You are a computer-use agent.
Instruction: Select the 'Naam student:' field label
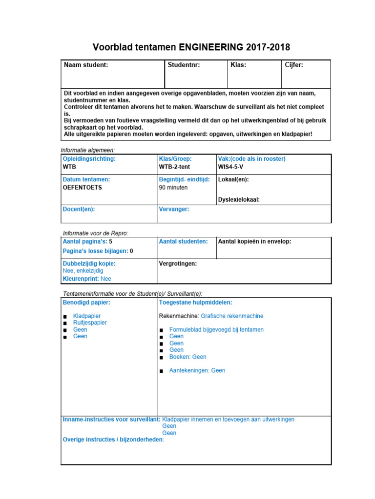click(x=86, y=65)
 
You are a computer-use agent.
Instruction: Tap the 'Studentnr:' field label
click(x=184, y=65)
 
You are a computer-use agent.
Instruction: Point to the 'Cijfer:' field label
click(x=294, y=65)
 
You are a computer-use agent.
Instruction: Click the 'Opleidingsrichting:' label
click(x=89, y=159)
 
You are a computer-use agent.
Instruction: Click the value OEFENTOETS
click(x=83, y=187)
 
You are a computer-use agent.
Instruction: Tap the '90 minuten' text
click(x=173, y=187)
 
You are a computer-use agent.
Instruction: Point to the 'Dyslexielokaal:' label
click(x=239, y=199)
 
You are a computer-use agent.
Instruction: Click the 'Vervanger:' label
click(x=174, y=209)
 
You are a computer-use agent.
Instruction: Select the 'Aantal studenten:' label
click(x=183, y=241)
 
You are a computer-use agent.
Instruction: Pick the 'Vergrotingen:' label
click(x=178, y=264)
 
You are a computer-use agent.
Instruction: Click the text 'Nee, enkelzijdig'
click(x=83, y=271)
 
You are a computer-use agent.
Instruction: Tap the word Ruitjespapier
click(x=90, y=323)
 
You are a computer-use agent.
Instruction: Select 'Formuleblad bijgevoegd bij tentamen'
click(x=216, y=329)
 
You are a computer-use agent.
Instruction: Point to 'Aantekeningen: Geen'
click(x=197, y=370)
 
